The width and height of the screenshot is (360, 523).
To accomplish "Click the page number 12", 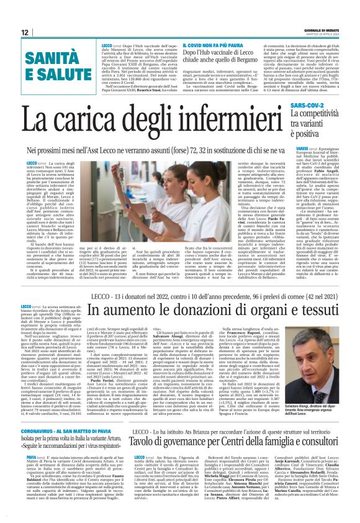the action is [x=25, y=32].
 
